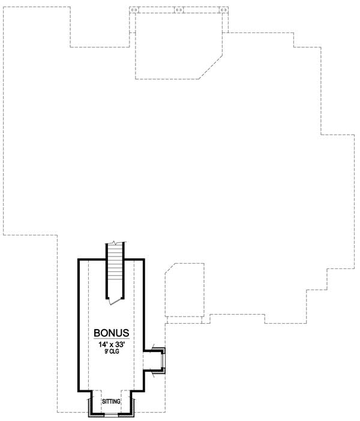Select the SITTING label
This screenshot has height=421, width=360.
click(111, 401)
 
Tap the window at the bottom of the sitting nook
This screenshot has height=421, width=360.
click(111, 414)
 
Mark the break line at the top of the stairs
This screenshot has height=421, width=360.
click(115, 243)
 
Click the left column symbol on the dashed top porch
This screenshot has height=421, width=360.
click(134, 10)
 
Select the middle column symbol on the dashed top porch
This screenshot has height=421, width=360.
click(179, 10)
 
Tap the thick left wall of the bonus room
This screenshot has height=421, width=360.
click(78, 324)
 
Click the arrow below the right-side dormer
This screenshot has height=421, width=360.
click(155, 374)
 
